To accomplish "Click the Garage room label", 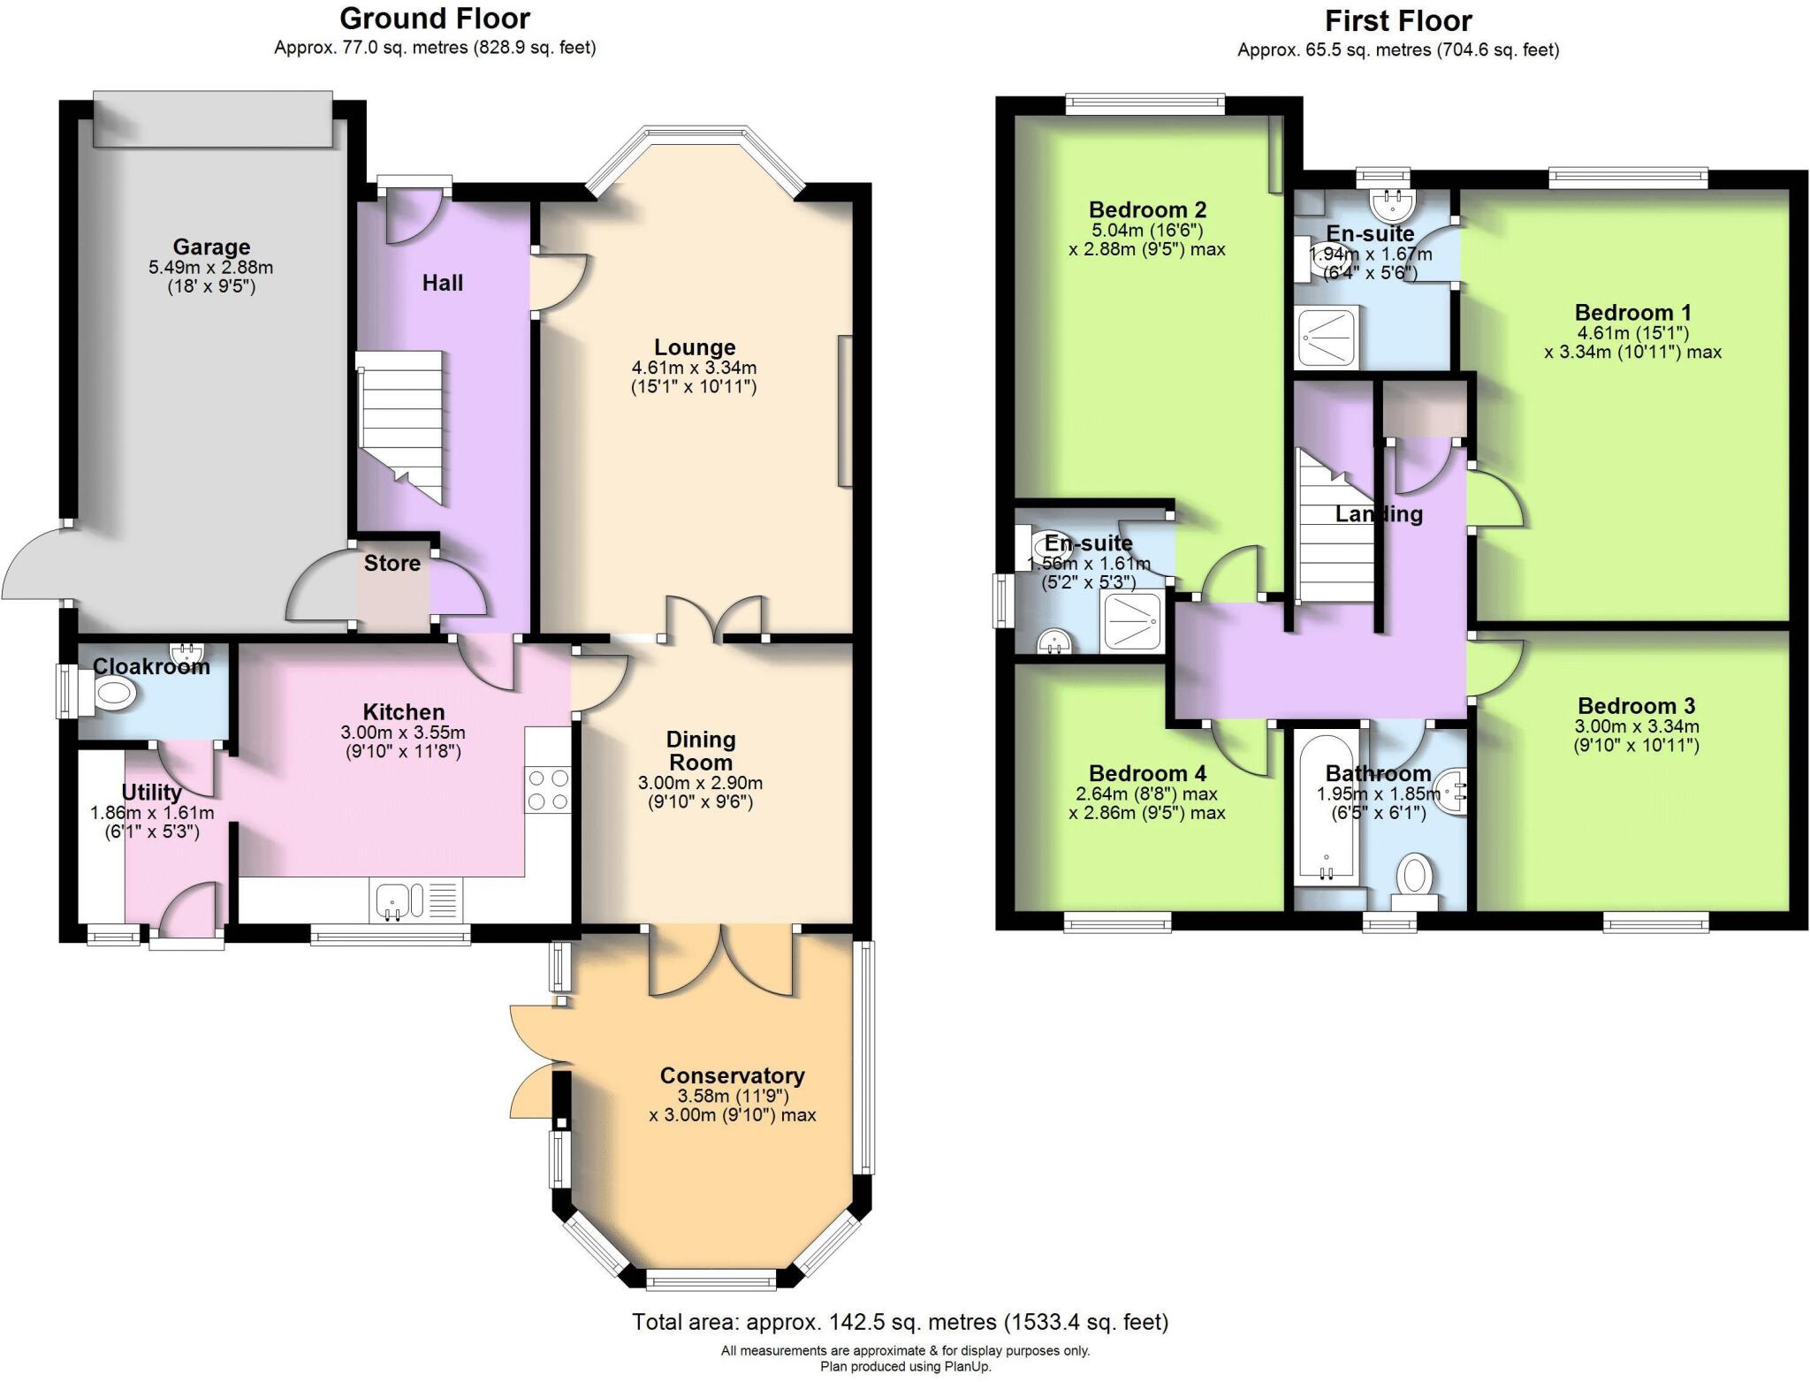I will pyautogui.click(x=211, y=247).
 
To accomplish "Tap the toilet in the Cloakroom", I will pyautogui.click(x=112, y=695).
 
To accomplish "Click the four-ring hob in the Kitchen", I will pyautogui.click(x=548, y=790).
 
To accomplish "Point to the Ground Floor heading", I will pyautogui.click(x=435, y=19).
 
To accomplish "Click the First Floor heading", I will pyautogui.click(x=1398, y=21).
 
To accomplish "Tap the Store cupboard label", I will pyautogui.click(x=392, y=564).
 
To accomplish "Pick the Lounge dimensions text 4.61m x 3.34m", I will pyautogui.click(x=694, y=368).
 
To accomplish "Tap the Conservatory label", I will pyautogui.click(x=732, y=1075).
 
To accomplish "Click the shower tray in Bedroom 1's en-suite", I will pyautogui.click(x=1327, y=337).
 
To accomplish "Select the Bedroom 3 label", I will pyautogui.click(x=1636, y=706).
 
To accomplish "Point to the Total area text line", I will pyautogui.click(x=900, y=1322).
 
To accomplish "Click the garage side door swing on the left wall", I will pyautogui.click(x=35, y=566).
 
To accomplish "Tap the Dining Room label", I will pyautogui.click(x=700, y=750).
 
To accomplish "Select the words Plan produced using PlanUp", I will pyautogui.click(x=905, y=1367).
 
